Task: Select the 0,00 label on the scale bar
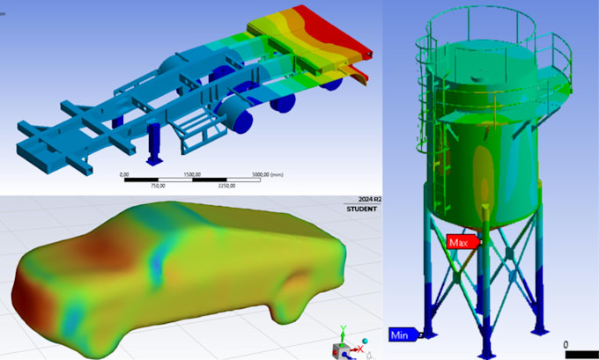(124, 175)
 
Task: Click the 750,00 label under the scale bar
(158, 187)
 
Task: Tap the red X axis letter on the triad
(361, 349)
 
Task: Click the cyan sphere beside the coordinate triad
(366, 339)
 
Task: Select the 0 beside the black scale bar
(566, 345)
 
